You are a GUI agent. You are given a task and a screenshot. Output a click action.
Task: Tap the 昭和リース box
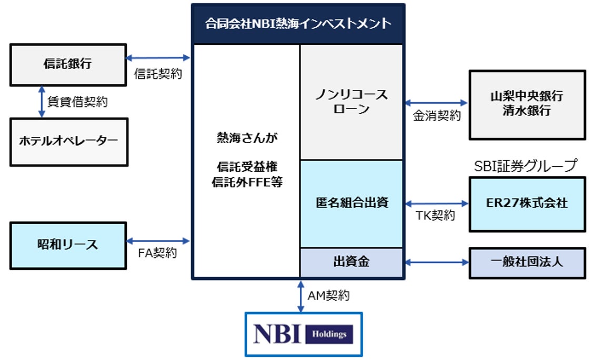68,245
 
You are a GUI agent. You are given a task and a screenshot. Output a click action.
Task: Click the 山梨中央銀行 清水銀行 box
527,104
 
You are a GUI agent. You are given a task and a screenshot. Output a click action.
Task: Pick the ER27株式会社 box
527,203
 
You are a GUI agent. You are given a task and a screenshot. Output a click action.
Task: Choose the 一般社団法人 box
527,262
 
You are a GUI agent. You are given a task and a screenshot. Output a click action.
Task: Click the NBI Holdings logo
304,334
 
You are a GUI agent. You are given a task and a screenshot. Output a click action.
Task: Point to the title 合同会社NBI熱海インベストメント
298,24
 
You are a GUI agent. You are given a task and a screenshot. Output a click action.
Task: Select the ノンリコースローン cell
351,102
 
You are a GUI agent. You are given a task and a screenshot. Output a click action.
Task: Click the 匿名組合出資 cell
351,203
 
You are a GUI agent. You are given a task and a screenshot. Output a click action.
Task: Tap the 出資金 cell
351,262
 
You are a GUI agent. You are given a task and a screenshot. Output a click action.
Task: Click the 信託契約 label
158,74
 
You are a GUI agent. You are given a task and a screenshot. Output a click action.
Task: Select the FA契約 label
157,254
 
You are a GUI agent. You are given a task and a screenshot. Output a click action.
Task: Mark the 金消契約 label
437,116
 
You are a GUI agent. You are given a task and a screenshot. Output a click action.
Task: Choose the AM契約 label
328,296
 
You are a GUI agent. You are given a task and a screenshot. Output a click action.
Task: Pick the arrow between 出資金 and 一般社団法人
436,262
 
